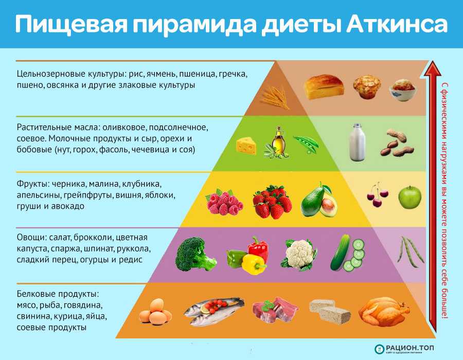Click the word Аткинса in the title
pyautogui.click(x=397, y=24)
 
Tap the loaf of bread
pyautogui.click(x=324, y=86)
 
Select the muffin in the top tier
pyautogui.click(x=367, y=86)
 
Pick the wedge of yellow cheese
pyautogui.click(x=246, y=146)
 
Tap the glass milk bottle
pyautogui.click(x=358, y=142)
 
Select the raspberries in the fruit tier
pyautogui.click(x=224, y=202)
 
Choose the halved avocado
pyautogui.click(x=319, y=201)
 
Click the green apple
pyautogui.click(x=409, y=197)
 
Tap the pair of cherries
pyautogui.click(x=377, y=195)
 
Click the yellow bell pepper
pyautogui.click(x=254, y=264)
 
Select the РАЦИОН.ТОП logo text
pyautogui.click(x=409, y=348)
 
